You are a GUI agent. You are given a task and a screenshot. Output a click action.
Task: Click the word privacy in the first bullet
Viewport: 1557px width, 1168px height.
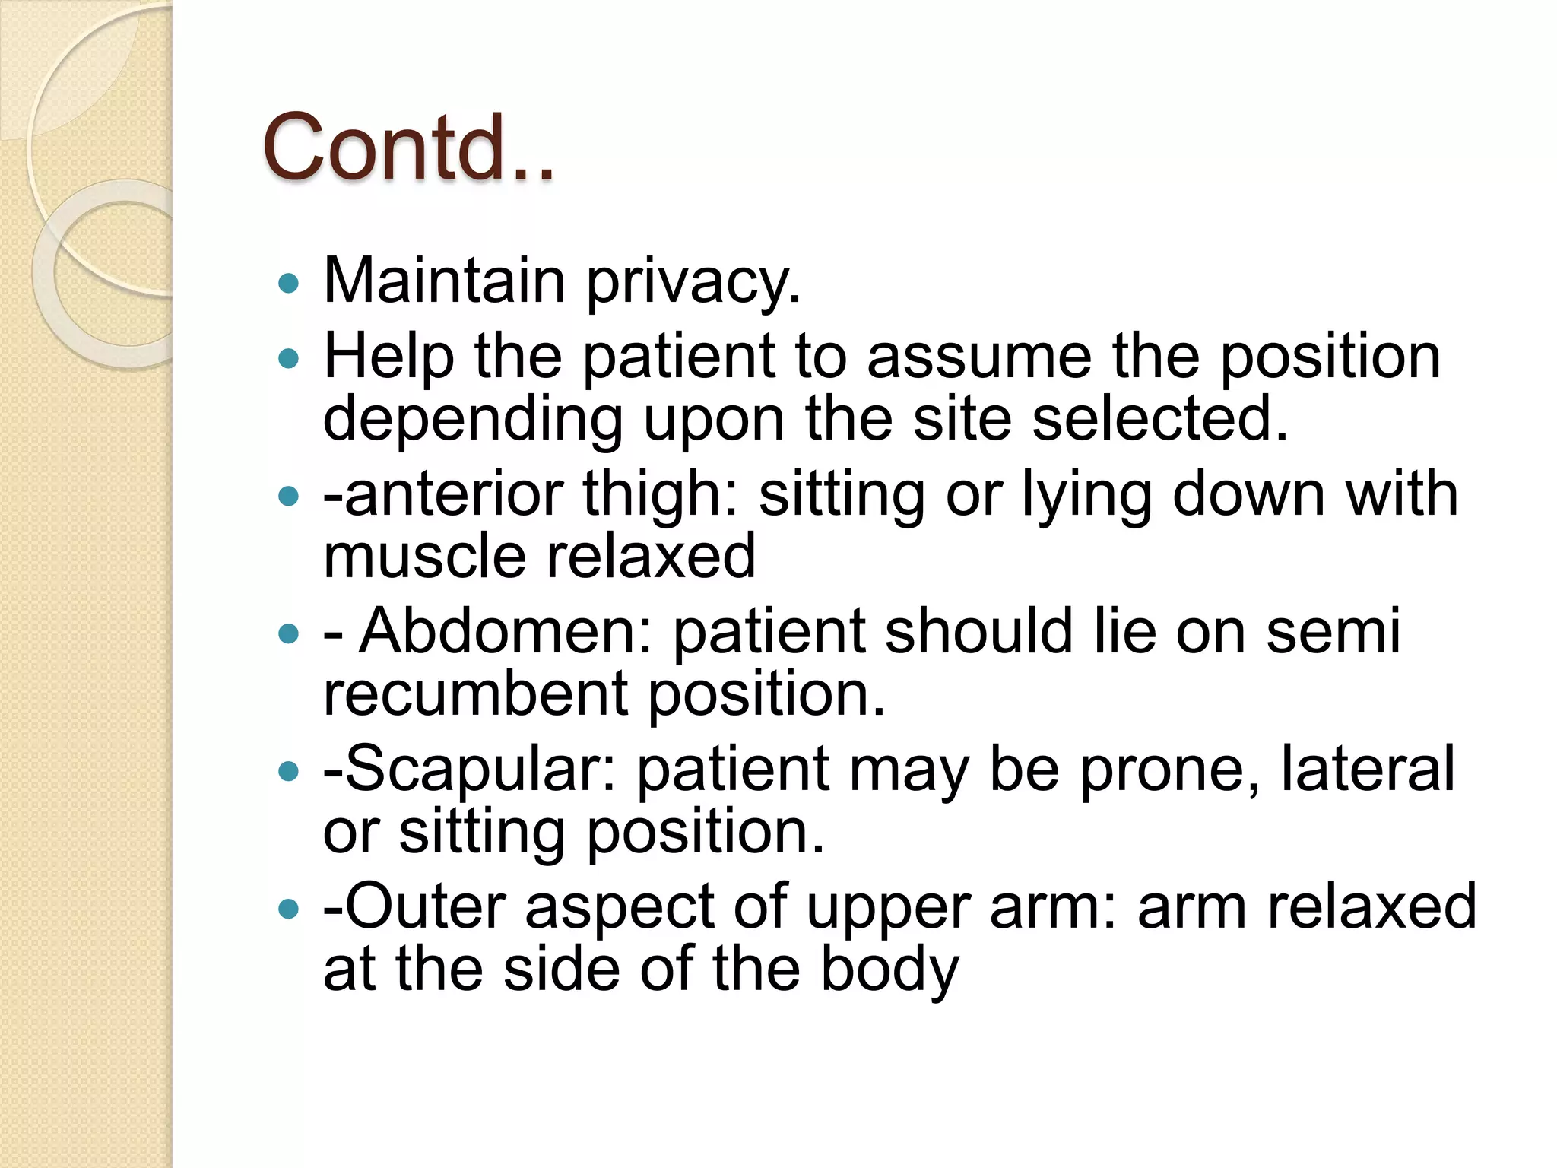click(693, 282)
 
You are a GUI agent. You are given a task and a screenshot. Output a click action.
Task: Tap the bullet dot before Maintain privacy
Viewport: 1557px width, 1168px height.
click(289, 285)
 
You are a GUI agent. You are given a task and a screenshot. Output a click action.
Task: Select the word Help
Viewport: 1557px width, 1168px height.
click(388, 356)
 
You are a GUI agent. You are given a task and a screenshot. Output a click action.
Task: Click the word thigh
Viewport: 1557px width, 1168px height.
click(661, 495)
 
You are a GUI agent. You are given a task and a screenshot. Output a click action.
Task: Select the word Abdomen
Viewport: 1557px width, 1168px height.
click(506, 631)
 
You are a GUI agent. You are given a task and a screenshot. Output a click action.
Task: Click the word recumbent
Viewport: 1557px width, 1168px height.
click(475, 693)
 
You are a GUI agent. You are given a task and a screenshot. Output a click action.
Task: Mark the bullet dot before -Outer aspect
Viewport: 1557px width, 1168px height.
click(289, 909)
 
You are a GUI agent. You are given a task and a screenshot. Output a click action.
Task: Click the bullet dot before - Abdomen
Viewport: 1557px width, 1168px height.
click(289, 633)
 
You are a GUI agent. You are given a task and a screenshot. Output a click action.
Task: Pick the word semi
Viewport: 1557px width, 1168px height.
click(1332, 631)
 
